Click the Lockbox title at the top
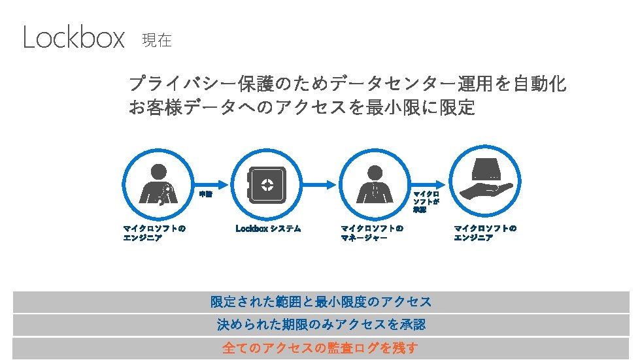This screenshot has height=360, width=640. [x=73, y=38]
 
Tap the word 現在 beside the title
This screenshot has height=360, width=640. [x=156, y=41]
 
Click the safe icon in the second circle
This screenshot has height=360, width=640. [x=267, y=184]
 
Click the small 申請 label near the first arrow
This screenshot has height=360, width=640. [x=205, y=194]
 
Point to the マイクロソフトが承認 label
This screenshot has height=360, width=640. [x=426, y=202]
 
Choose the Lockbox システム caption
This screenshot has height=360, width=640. [x=268, y=229]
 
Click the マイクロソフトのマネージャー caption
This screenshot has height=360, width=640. [x=372, y=233]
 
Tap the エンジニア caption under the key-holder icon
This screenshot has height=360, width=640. [x=154, y=233]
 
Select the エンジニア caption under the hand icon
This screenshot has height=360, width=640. [x=485, y=233]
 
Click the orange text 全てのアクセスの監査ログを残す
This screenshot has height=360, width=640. [x=320, y=348]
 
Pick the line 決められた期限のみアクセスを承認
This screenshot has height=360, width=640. [x=320, y=325]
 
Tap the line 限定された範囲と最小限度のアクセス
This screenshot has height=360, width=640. [x=320, y=302]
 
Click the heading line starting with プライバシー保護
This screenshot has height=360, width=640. [x=347, y=84]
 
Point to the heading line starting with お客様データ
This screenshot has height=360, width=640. [x=301, y=107]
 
